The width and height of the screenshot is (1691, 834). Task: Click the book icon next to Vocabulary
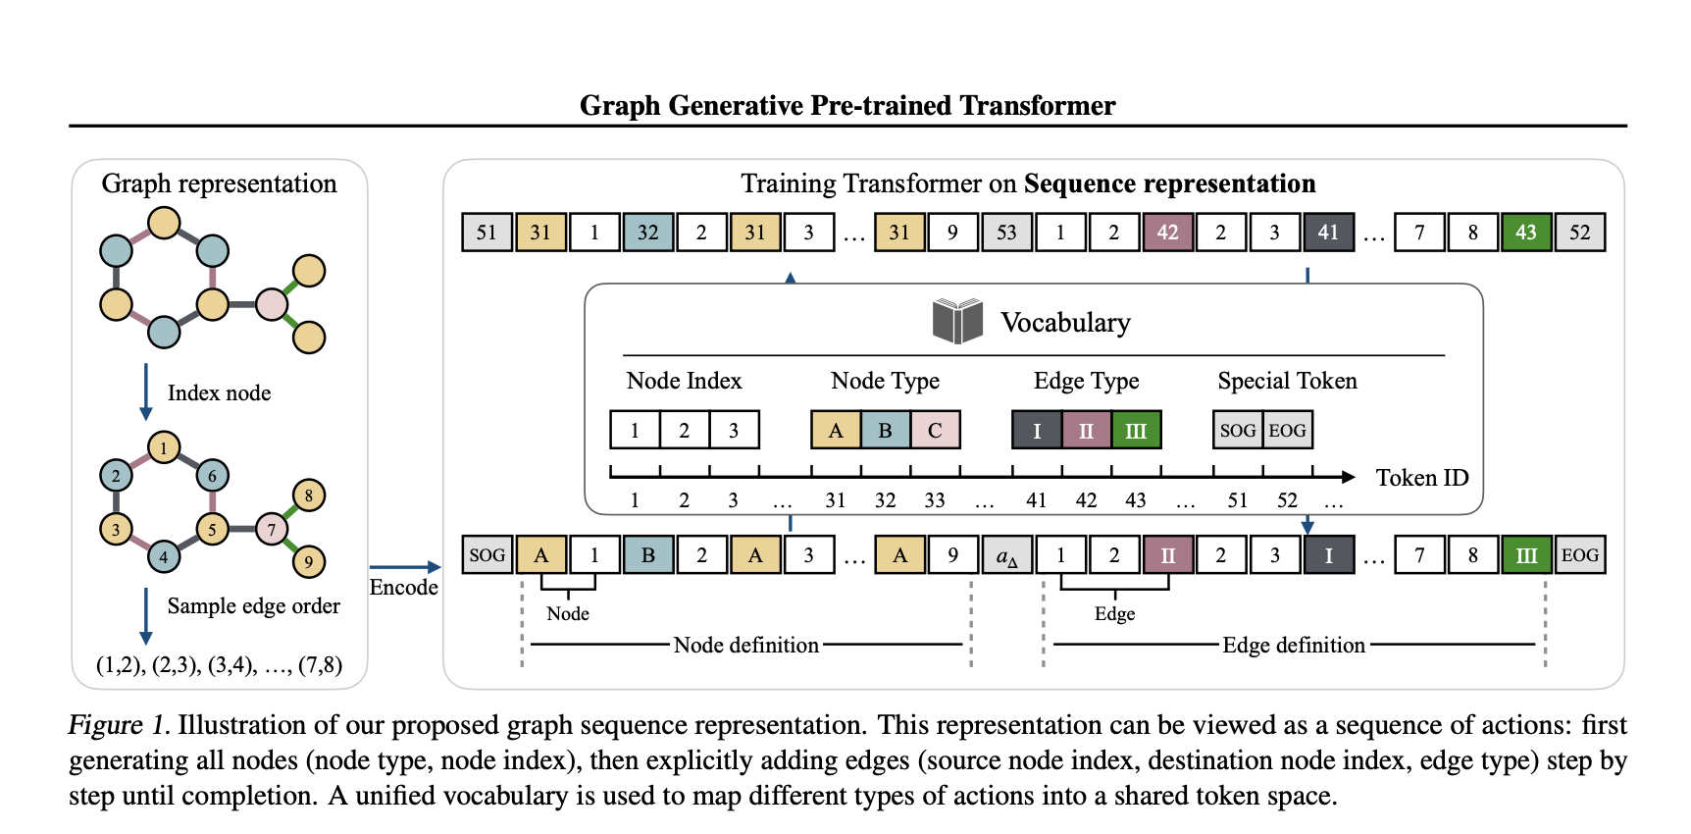click(956, 321)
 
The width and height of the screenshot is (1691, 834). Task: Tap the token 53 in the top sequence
click(1006, 233)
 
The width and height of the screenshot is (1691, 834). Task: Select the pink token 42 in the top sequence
click(1167, 233)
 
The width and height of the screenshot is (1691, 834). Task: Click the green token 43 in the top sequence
click(1525, 233)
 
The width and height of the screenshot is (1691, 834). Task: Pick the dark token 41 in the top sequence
click(1328, 233)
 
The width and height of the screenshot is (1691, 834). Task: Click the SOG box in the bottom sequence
click(487, 555)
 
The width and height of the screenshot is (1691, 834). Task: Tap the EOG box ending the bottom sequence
click(1579, 555)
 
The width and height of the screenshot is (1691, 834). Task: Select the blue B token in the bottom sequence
click(647, 555)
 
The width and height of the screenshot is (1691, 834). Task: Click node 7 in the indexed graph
click(272, 530)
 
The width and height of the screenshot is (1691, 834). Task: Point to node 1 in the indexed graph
click(164, 448)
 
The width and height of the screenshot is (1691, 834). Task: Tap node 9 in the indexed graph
click(308, 562)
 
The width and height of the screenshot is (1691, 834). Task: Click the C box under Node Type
click(935, 430)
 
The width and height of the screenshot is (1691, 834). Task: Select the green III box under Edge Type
click(1136, 430)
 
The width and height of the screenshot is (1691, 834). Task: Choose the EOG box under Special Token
click(1287, 430)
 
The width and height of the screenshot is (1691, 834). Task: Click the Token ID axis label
click(1421, 478)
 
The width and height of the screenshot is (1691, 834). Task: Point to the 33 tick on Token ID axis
click(934, 500)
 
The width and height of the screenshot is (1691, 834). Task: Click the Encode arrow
click(404, 567)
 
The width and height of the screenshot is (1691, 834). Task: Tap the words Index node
click(219, 393)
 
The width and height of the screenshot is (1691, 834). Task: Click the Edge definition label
click(1293, 645)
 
